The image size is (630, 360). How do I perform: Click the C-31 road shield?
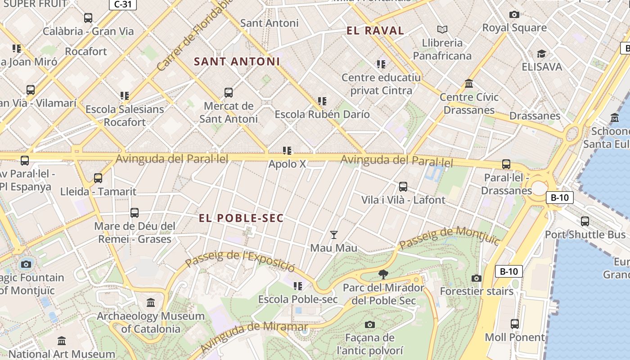(123, 4)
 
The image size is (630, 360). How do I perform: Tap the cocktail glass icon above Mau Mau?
(333, 234)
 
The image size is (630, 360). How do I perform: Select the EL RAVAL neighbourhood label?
(375, 31)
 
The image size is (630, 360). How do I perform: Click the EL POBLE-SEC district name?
(241, 218)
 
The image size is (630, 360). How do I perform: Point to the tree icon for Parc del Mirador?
(383, 274)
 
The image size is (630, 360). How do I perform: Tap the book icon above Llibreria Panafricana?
(442, 29)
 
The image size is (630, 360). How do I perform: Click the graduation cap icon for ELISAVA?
(542, 54)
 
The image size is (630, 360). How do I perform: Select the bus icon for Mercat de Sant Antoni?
(229, 93)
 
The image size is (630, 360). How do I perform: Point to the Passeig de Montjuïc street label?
(449, 238)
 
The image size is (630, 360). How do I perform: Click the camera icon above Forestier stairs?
(477, 278)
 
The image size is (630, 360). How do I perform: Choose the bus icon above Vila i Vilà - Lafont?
(403, 186)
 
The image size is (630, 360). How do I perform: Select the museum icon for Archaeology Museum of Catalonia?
(151, 302)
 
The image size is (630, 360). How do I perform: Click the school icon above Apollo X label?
(287, 150)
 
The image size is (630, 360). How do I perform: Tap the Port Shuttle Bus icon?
(585, 221)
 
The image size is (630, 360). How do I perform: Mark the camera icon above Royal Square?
(514, 14)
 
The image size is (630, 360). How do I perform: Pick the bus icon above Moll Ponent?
(515, 324)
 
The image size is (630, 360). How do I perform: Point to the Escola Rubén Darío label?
(322, 114)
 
